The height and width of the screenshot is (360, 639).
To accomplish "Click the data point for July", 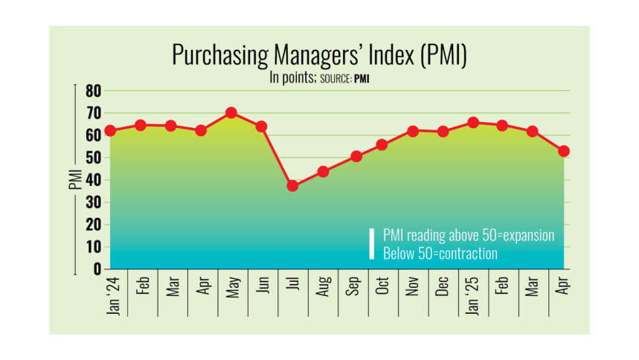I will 292,185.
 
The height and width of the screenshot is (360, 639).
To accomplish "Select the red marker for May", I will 231,112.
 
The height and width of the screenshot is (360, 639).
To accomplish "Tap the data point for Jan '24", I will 110,130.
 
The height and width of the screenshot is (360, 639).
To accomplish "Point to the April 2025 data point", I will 564,151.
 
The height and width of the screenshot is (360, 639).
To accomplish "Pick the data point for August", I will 323,172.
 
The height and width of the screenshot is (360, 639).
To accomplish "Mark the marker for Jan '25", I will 473,122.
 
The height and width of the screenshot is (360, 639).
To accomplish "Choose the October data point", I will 382,144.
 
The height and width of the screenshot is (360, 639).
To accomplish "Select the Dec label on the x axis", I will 443,289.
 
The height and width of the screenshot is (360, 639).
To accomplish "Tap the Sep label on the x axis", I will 353,289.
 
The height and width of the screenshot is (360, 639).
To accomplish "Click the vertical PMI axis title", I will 75,179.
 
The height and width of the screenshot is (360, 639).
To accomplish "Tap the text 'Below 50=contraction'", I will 440,254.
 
